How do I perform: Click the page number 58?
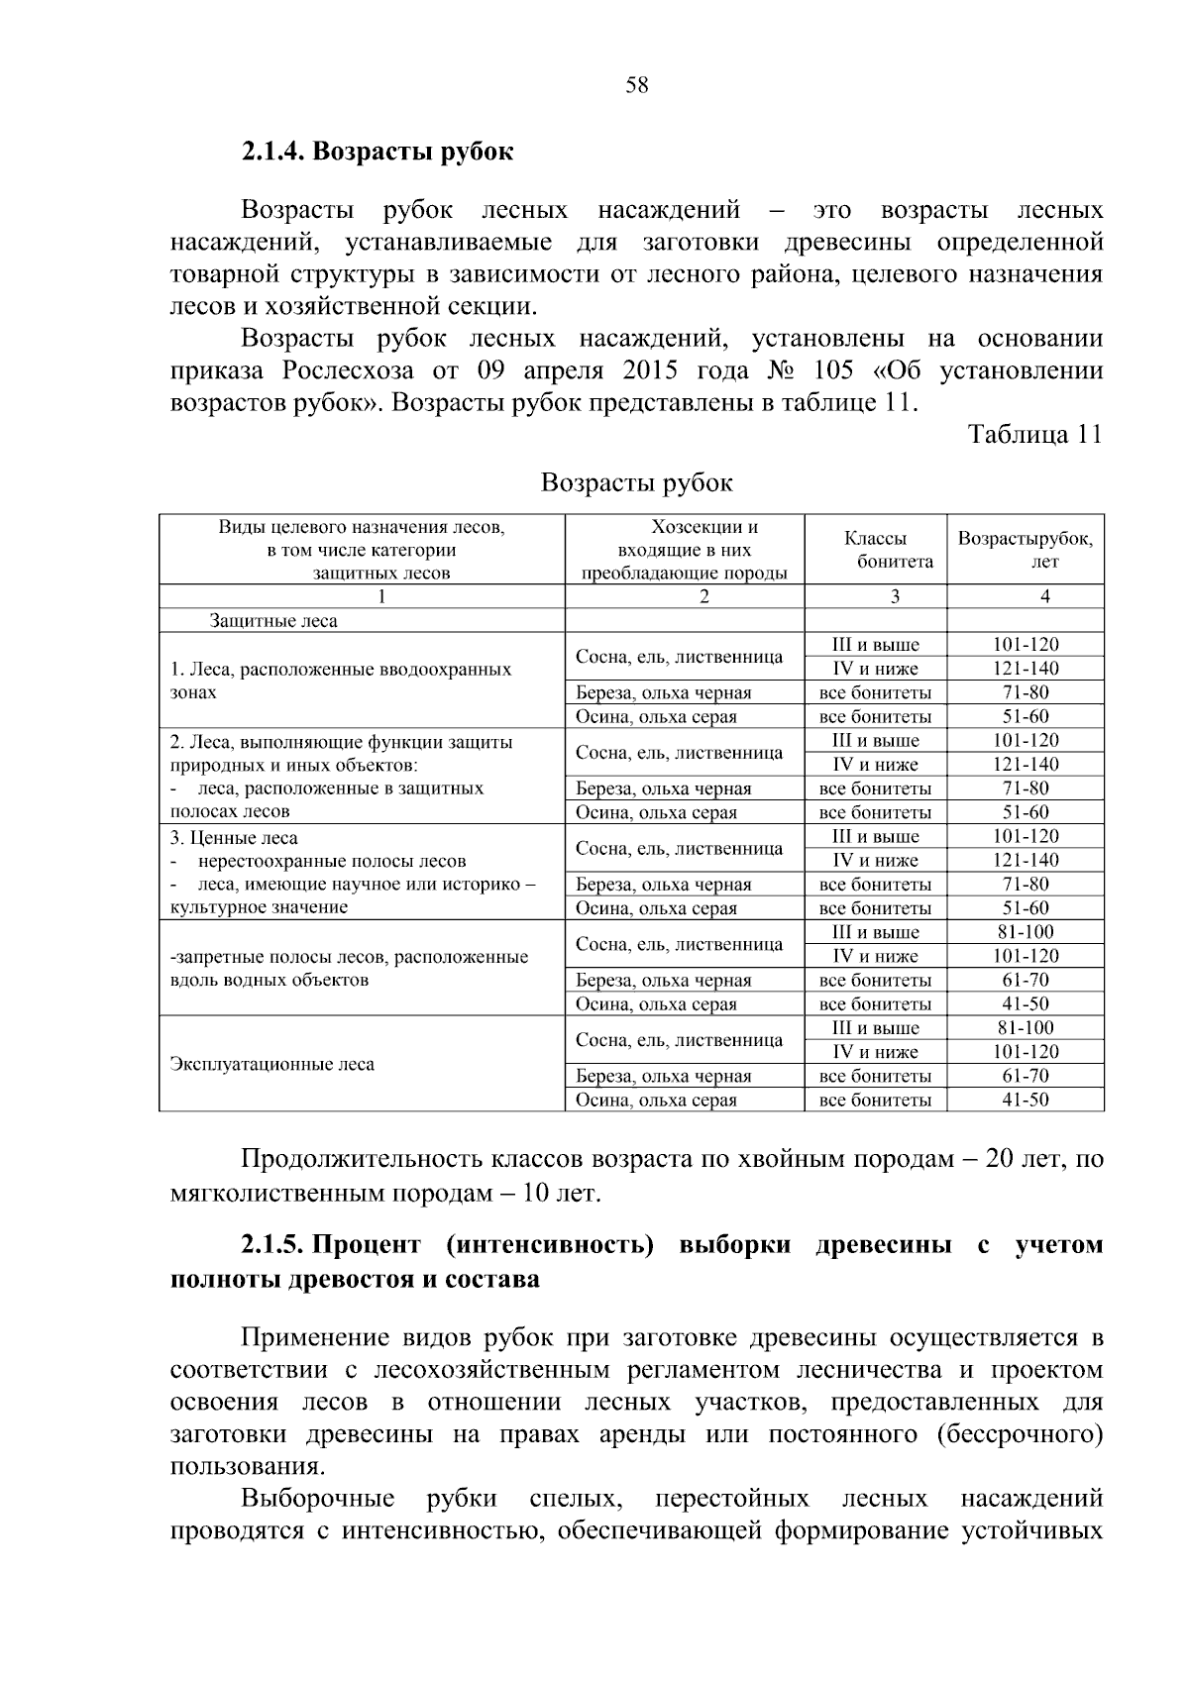636,86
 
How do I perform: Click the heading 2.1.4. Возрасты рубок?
377,153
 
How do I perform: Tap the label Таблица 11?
1034,435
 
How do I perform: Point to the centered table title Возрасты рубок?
636,483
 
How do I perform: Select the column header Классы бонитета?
876,550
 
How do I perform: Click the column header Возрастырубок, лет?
1025,550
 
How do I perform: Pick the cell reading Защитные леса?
272,621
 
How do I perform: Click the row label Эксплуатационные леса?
272,1065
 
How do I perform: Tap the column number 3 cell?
895,596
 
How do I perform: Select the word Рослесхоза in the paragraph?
343,371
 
